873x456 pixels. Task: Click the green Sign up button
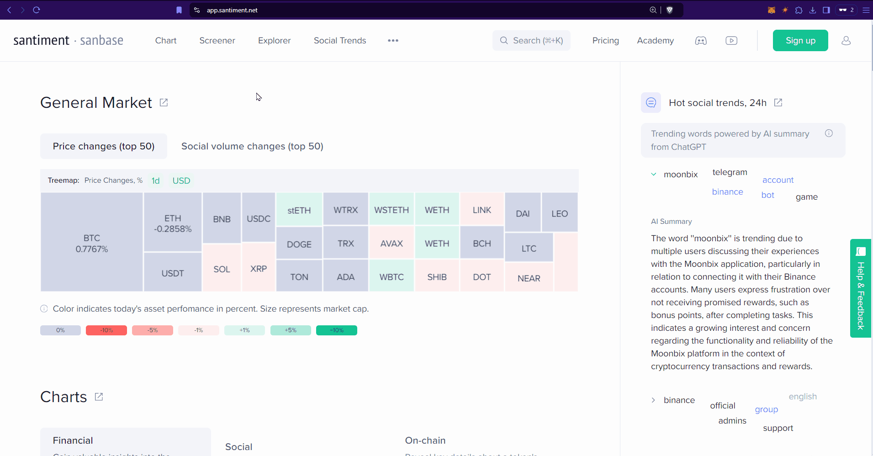point(800,41)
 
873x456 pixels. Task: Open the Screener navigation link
point(217,41)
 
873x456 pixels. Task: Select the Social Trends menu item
point(340,41)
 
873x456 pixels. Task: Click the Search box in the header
point(531,41)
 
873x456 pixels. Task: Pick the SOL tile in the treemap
point(222,269)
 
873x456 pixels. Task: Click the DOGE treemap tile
point(299,244)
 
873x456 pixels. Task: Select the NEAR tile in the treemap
point(529,278)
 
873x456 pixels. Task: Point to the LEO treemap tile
point(559,213)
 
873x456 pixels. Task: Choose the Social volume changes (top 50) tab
point(252,146)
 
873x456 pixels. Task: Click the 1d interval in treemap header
point(156,180)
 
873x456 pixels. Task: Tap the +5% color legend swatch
point(291,330)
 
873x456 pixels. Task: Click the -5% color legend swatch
point(152,330)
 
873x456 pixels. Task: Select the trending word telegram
point(730,172)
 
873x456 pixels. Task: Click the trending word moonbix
point(681,175)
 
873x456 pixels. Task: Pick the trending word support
point(778,428)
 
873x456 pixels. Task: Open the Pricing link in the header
point(605,41)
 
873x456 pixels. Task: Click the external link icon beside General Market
point(164,103)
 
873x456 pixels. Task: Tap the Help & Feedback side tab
point(860,288)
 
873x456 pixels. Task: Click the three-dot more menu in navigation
point(393,41)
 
